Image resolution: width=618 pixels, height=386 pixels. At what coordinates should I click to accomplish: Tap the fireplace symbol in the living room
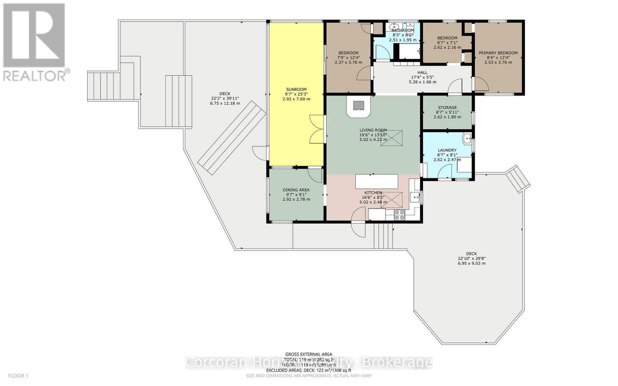(359, 105)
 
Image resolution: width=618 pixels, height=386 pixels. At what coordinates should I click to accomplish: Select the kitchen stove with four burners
(399, 215)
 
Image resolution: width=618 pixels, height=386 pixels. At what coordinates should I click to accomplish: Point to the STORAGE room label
(447, 108)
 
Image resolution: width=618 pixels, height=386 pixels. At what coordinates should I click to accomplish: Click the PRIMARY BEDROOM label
(498, 53)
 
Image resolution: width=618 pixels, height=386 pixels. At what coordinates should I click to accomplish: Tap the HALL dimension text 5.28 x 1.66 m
(422, 82)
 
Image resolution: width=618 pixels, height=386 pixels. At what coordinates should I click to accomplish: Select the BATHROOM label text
(402, 30)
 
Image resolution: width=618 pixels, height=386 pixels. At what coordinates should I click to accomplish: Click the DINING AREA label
(296, 190)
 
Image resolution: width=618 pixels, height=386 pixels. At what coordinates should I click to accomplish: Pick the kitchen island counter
(376, 181)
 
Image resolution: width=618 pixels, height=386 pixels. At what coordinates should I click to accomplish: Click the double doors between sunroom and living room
(316, 129)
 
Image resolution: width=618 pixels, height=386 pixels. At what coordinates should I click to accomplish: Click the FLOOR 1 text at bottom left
(18, 376)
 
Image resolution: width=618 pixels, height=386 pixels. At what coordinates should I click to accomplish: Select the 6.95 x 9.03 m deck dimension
(471, 263)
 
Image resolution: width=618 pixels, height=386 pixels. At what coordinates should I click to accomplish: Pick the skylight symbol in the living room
(391, 138)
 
